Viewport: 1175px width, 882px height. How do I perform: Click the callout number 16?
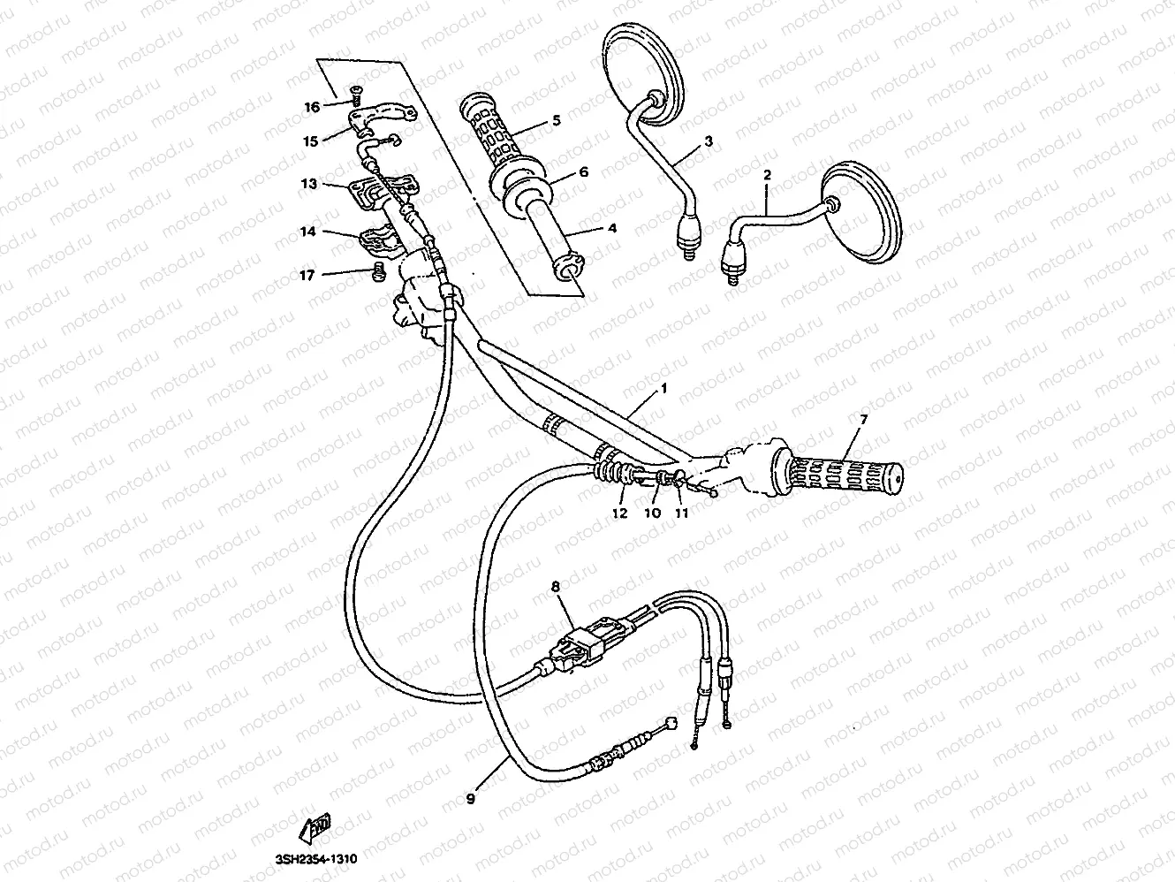tap(312, 108)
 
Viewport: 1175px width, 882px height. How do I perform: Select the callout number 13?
tap(308, 185)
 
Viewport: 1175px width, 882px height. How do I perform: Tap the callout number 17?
tap(307, 276)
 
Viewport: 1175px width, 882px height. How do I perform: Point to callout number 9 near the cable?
tap(470, 798)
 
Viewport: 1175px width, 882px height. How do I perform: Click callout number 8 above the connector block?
tap(555, 585)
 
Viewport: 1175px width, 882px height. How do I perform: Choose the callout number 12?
tap(619, 513)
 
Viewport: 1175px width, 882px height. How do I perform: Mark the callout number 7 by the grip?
tap(863, 418)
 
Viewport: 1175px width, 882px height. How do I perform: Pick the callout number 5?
tap(556, 120)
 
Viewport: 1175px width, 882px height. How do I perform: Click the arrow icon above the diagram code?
tap(315, 828)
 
